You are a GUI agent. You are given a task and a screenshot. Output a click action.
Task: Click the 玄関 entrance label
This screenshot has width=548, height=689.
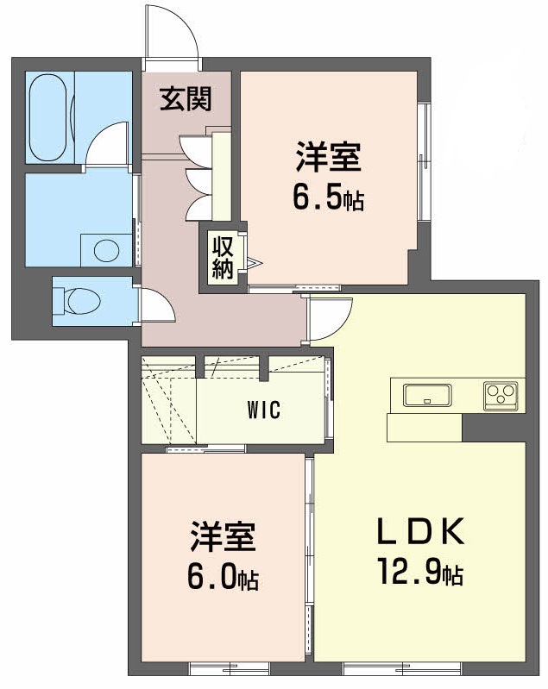185,100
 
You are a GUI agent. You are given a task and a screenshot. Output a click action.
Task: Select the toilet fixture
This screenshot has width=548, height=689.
78,301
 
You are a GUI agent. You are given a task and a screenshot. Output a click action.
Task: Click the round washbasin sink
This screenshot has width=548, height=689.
105,251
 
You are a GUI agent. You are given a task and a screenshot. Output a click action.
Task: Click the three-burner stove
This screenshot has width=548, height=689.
500,396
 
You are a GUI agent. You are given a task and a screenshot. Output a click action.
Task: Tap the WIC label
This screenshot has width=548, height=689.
265,410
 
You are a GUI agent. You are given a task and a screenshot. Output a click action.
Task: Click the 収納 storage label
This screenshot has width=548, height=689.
224,257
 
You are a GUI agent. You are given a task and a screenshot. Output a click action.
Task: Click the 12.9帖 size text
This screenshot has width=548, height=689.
419,572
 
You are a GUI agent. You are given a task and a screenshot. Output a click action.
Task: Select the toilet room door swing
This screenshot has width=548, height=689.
158,305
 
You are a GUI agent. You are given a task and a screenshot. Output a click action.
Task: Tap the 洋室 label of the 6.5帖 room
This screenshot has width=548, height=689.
328,160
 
